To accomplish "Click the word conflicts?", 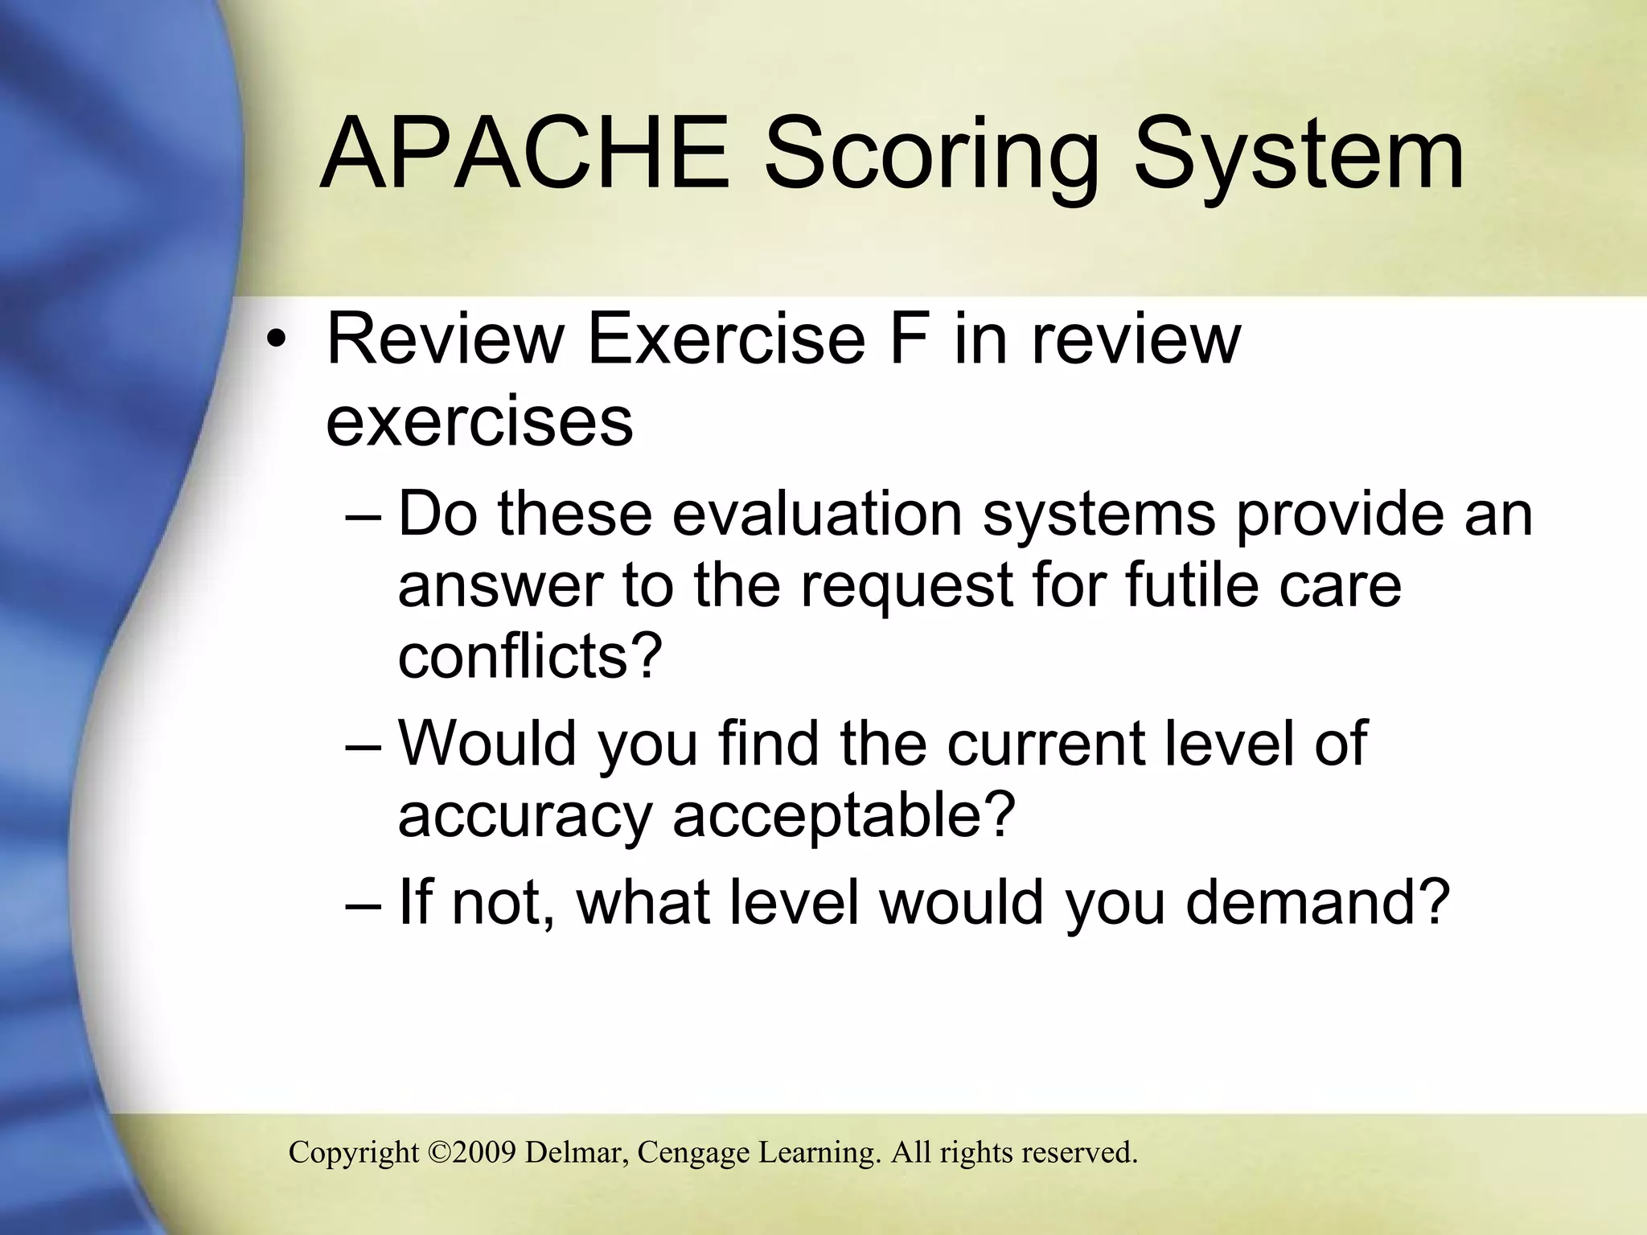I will pos(530,655).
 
